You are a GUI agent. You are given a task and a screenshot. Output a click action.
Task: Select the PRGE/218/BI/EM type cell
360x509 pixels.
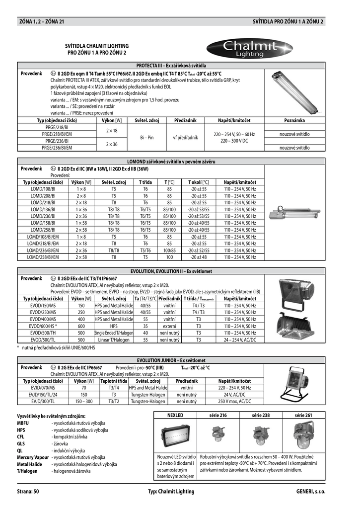[57, 134]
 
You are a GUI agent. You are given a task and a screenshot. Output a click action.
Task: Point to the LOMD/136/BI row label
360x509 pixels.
[43, 209]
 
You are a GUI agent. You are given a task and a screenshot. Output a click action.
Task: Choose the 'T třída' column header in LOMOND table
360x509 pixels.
[145, 182]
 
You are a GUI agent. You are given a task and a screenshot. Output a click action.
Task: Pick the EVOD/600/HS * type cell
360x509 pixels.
[43, 326]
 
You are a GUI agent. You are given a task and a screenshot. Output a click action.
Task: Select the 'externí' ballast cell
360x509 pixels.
[169, 326]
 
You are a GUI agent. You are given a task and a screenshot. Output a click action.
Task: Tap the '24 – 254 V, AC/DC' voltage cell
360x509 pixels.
[240, 340]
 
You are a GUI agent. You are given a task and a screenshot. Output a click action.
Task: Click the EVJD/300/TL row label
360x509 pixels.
[43, 401]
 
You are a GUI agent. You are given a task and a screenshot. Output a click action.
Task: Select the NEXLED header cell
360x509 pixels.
[175, 415]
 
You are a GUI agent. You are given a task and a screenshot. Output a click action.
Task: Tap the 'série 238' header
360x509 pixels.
[261, 415]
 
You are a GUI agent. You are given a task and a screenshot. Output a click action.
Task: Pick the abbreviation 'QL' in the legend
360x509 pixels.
[20, 451]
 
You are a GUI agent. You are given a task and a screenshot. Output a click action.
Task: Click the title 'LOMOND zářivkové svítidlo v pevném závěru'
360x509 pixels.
[171, 162]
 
